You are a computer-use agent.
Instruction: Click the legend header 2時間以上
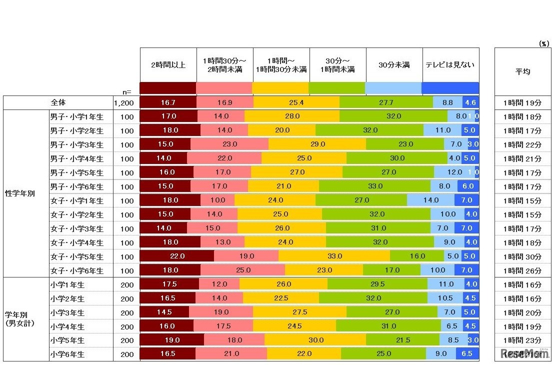(x=168, y=65)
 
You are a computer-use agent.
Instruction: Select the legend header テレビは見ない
(x=450, y=65)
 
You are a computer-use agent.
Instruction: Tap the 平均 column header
(x=522, y=71)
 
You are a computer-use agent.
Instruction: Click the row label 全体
(x=58, y=102)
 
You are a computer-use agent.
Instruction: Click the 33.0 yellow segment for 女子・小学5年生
(x=334, y=256)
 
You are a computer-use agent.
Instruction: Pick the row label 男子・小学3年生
(x=76, y=145)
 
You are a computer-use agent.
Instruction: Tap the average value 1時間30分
(x=522, y=256)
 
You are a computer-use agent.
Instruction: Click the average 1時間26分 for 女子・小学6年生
(x=522, y=270)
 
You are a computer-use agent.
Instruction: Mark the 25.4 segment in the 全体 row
(x=296, y=102)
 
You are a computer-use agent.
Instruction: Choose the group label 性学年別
(x=20, y=193)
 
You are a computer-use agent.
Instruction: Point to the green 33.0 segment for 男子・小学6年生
(x=374, y=186)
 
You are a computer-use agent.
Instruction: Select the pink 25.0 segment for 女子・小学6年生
(x=242, y=270)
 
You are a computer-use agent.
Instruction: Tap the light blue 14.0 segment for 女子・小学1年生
(x=430, y=200)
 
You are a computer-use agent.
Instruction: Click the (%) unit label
(x=543, y=44)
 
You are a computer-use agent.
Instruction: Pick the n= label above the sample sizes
(x=127, y=91)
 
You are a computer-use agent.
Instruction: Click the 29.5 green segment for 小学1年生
(x=377, y=284)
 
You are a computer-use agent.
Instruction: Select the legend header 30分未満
(x=394, y=65)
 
